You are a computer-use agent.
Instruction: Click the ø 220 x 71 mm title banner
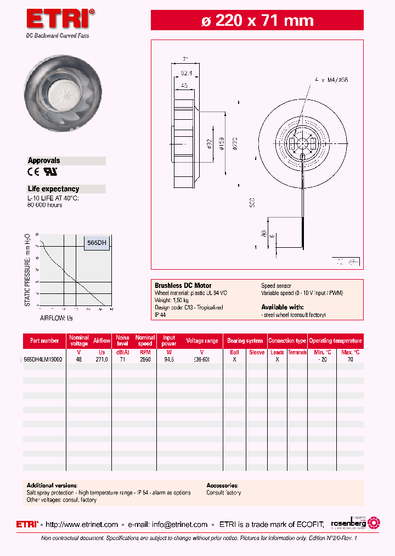[x=257, y=21]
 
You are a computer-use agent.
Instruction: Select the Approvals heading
[x=44, y=161]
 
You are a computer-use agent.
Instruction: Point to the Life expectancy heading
[x=53, y=189]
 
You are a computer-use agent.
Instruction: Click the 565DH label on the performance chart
[x=97, y=243]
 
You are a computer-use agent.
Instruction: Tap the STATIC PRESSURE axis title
[x=28, y=270]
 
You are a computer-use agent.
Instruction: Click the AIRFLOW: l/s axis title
[x=56, y=318]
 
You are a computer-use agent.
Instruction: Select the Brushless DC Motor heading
[x=179, y=286]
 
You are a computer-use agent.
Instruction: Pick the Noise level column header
[x=122, y=341]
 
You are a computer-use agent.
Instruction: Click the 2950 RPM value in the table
[x=145, y=359]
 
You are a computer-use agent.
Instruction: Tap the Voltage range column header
[x=202, y=341]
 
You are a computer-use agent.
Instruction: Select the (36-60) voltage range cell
[x=202, y=359]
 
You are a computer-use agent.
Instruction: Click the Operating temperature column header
[x=335, y=341]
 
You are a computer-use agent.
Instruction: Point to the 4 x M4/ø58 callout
[x=331, y=80]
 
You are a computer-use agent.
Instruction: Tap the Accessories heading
[x=222, y=486]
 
